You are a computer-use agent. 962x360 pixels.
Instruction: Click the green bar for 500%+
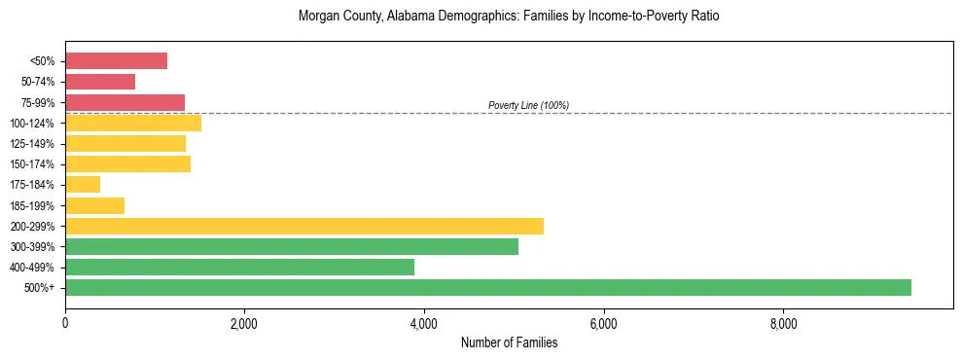(x=488, y=287)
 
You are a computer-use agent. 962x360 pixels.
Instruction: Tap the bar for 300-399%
(x=292, y=246)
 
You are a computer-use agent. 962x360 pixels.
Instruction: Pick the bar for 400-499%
(x=239, y=267)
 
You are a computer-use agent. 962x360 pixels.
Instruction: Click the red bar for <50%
(x=116, y=61)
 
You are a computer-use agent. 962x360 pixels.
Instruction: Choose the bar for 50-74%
(x=100, y=82)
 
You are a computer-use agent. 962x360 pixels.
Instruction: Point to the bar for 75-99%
(x=125, y=102)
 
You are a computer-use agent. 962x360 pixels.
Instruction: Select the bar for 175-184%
(x=83, y=184)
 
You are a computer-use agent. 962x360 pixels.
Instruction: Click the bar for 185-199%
(x=94, y=205)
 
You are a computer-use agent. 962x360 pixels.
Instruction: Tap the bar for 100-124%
(x=133, y=123)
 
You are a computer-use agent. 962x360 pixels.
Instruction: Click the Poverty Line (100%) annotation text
(x=528, y=105)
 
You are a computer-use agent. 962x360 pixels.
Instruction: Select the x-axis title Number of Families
(x=509, y=342)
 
